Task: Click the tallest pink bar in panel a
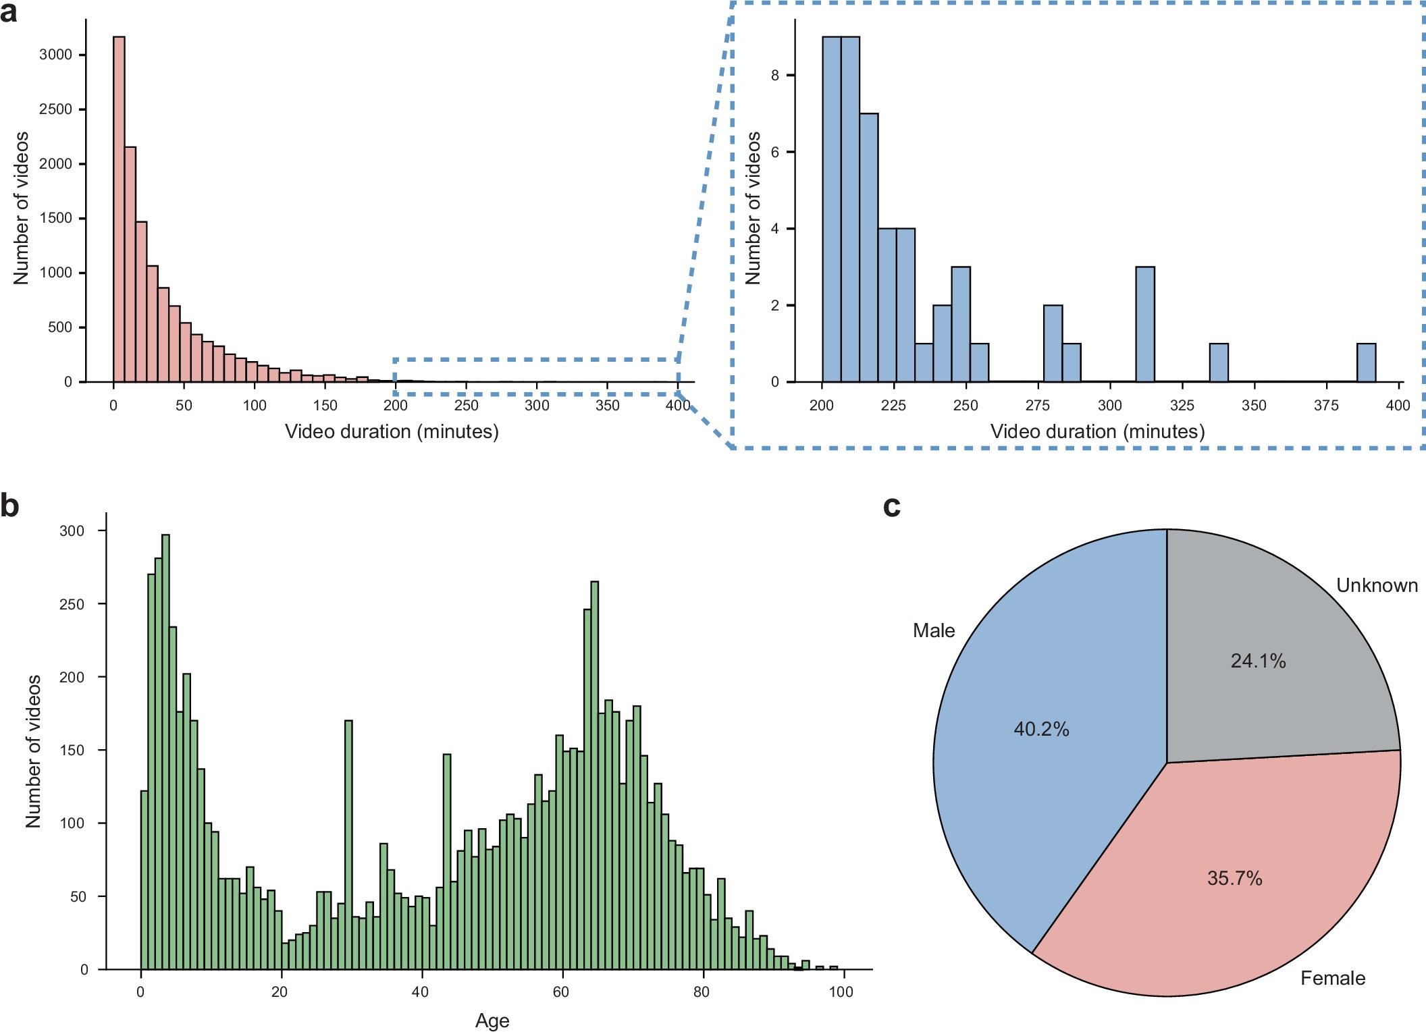pyautogui.click(x=119, y=209)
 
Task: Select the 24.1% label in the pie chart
pyautogui.click(x=1258, y=661)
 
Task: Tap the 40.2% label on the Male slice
pyautogui.click(x=1041, y=729)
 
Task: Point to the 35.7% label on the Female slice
pyautogui.click(x=1234, y=878)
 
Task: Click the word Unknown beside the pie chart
pyautogui.click(x=1377, y=585)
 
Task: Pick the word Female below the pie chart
pyautogui.click(x=1332, y=978)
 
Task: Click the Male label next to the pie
pyautogui.click(x=934, y=630)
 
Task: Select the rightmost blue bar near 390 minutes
pyautogui.click(x=1366, y=363)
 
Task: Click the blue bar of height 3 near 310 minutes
pyautogui.click(x=1145, y=325)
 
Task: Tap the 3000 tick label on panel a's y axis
pyautogui.click(x=55, y=55)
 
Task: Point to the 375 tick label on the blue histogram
pyautogui.click(x=1326, y=405)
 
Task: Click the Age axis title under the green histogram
pyautogui.click(x=492, y=1021)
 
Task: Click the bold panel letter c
pyautogui.click(x=891, y=506)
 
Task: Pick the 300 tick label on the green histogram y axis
pyautogui.click(x=72, y=531)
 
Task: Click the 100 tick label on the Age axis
pyautogui.click(x=841, y=992)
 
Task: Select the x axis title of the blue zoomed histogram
pyautogui.click(x=1097, y=431)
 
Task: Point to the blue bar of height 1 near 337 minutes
pyautogui.click(x=1218, y=363)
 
